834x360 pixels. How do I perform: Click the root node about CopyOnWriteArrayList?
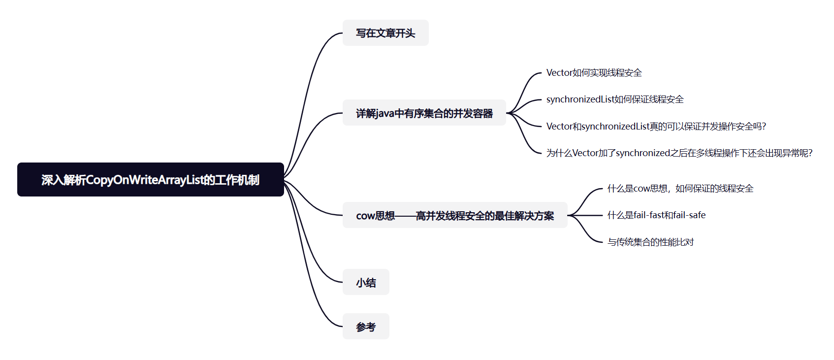point(150,180)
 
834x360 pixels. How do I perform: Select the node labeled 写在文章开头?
point(385,33)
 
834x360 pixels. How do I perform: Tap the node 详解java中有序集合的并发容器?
point(424,113)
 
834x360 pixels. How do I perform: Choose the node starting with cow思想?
point(454,215)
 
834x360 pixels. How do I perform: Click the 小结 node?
point(366,282)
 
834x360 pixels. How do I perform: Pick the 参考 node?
point(366,327)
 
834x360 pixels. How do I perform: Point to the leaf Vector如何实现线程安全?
point(594,73)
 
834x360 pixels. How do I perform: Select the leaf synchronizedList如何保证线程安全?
point(615,99)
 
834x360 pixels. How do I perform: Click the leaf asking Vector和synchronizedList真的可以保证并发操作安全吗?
point(656,127)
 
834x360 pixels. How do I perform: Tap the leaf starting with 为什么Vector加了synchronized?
point(679,153)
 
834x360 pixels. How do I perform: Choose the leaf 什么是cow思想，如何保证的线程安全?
point(680,189)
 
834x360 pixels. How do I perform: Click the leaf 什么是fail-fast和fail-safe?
point(656,215)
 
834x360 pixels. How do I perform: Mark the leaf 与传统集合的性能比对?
point(650,242)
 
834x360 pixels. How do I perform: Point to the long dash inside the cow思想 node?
point(405,216)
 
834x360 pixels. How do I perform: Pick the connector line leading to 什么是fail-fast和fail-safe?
point(586,215)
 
